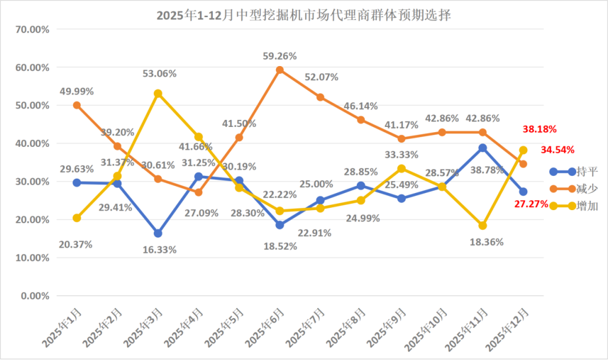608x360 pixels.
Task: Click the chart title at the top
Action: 304,15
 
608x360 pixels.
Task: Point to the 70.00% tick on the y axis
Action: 34,29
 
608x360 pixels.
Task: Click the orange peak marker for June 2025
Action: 280,70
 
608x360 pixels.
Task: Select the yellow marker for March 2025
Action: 158,93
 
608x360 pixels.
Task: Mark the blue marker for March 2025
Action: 158,233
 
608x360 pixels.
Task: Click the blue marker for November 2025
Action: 482,148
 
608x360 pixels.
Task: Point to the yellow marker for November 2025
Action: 482,225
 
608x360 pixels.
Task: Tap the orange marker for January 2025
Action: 77,105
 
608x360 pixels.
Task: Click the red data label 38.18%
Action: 540,129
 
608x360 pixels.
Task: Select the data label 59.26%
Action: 280,56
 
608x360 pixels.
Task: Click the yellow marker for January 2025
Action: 77,218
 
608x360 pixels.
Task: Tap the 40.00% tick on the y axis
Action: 34,143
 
